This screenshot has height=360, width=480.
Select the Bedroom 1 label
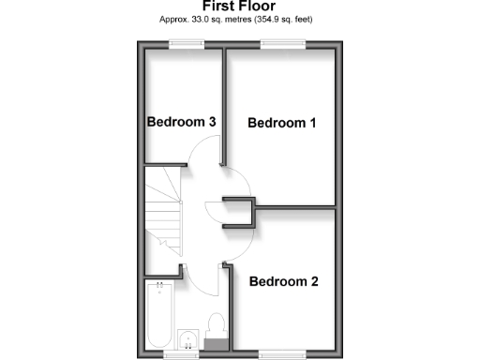pyautogui.click(x=281, y=123)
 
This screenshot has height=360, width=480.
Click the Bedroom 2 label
pyautogui.click(x=282, y=280)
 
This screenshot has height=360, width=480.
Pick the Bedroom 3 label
pyautogui.click(x=182, y=122)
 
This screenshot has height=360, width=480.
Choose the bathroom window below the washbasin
pyautogui.click(x=180, y=354)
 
